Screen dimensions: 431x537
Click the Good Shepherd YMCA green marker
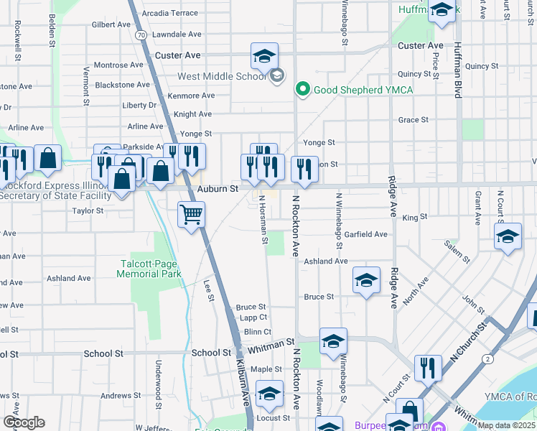(x=302, y=90)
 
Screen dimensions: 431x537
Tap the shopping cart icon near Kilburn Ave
(x=192, y=213)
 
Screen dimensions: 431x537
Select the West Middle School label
(x=220, y=76)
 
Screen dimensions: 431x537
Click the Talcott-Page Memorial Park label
(x=149, y=269)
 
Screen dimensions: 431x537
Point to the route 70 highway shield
(x=141, y=34)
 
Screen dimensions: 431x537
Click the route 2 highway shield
(x=488, y=358)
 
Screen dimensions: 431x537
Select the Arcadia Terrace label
(x=169, y=13)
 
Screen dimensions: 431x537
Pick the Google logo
(x=24, y=422)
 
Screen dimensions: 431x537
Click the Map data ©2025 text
(x=506, y=425)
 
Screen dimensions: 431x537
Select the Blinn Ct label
(x=257, y=332)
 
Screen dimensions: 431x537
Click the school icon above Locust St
(x=270, y=393)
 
